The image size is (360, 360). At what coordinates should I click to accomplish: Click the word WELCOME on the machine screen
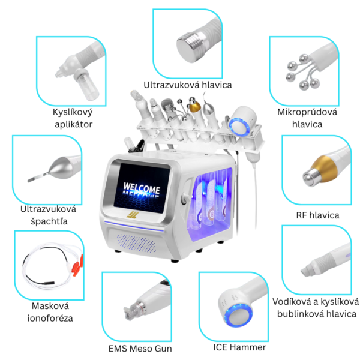point(142,188)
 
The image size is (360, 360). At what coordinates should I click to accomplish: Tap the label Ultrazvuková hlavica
point(188,85)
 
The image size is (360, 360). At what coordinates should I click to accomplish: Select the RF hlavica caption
point(317,215)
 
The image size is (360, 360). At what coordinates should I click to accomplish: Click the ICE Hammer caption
point(239,347)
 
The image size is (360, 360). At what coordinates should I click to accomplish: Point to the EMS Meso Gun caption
point(140,349)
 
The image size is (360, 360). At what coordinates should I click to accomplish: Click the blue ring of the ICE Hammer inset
point(239,314)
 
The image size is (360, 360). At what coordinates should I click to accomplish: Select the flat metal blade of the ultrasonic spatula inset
point(37,178)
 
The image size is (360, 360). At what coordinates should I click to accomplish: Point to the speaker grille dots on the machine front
point(136,244)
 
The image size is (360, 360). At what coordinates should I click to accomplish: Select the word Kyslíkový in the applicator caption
point(73,112)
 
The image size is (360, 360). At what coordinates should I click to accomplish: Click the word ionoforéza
point(50,318)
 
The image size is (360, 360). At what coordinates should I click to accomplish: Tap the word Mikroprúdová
point(307,112)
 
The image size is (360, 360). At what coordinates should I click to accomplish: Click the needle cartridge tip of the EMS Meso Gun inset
point(128,312)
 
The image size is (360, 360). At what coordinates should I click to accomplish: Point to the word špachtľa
point(49,221)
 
